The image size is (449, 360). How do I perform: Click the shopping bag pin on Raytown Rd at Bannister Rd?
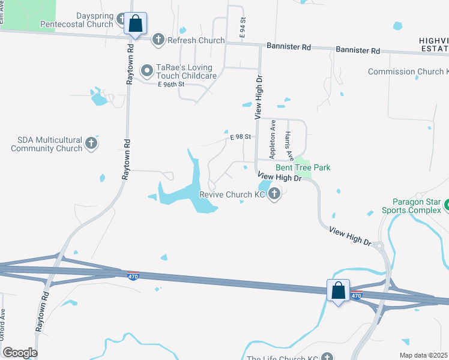coord(136,25)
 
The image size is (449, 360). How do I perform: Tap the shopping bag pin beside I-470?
coord(339,291)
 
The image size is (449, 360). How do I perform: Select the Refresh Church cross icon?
coord(158,40)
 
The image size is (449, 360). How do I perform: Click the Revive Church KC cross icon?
coord(274,194)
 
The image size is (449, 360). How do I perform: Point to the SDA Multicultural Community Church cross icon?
coord(91,143)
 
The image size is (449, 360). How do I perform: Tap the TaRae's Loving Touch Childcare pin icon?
coord(146,71)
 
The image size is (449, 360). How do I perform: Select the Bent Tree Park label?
coord(303,168)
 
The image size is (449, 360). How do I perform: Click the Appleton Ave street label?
coord(273,134)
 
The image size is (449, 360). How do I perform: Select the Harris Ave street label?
coord(289,146)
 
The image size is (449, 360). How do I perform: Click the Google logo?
coord(20,353)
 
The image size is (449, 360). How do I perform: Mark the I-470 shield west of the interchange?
coord(133,275)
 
